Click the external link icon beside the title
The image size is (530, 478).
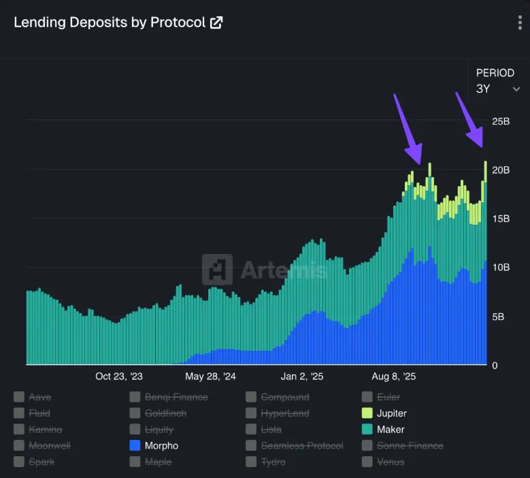pos(216,22)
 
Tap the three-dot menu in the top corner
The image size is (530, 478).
pos(520,22)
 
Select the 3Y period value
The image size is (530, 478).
pos(484,89)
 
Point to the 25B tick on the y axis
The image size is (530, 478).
pos(501,121)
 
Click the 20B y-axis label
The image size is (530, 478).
pos(501,170)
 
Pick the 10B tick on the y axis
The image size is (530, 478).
pos(501,268)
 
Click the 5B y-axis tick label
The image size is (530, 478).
pos(499,317)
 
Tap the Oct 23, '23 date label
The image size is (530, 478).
pos(119,376)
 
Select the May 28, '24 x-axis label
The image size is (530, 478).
pos(210,376)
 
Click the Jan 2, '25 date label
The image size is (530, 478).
pos(302,376)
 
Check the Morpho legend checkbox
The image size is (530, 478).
pos(135,446)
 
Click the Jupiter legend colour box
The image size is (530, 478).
pos(367,413)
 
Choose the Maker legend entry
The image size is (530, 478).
pos(390,430)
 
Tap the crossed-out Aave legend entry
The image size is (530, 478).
pos(39,397)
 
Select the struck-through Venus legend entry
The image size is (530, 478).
pos(390,462)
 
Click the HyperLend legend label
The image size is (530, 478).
pos(284,413)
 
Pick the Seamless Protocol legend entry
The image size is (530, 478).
pos(301,446)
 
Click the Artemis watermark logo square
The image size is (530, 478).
pos(217,270)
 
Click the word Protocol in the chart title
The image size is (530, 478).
pos(178,22)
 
